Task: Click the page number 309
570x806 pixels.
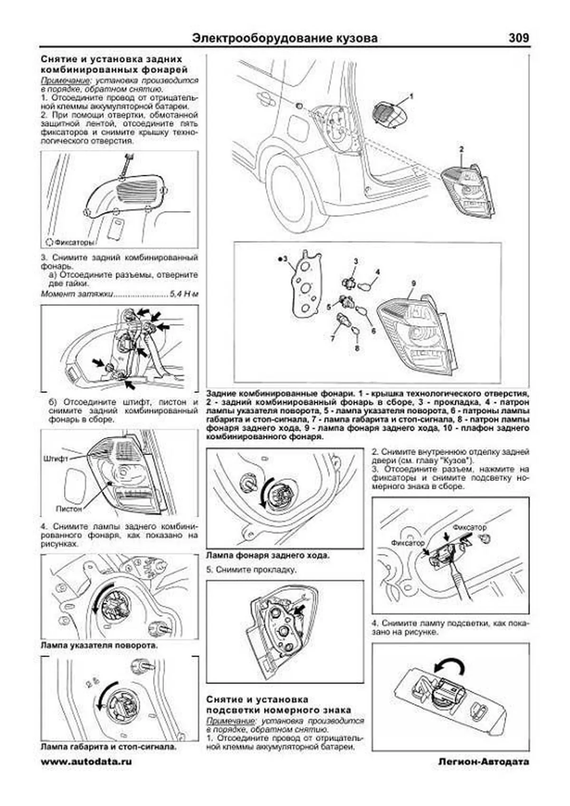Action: (x=518, y=38)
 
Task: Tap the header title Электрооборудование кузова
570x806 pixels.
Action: (x=285, y=38)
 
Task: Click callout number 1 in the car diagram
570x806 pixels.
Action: (x=411, y=96)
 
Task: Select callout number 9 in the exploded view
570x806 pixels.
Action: (x=414, y=284)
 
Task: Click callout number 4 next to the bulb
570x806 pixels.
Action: (x=378, y=272)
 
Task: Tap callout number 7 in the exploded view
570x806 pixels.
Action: (x=332, y=338)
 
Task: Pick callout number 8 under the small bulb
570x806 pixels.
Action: (x=357, y=348)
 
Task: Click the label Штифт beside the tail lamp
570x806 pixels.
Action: (x=56, y=459)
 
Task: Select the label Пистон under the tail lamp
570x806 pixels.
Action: (x=69, y=509)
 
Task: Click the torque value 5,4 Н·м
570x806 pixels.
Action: (x=184, y=294)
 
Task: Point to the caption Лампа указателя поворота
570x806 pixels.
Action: (x=99, y=646)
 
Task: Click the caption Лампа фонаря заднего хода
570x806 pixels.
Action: (x=268, y=555)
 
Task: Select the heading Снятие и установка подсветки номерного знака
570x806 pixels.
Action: (x=279, y=705)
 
